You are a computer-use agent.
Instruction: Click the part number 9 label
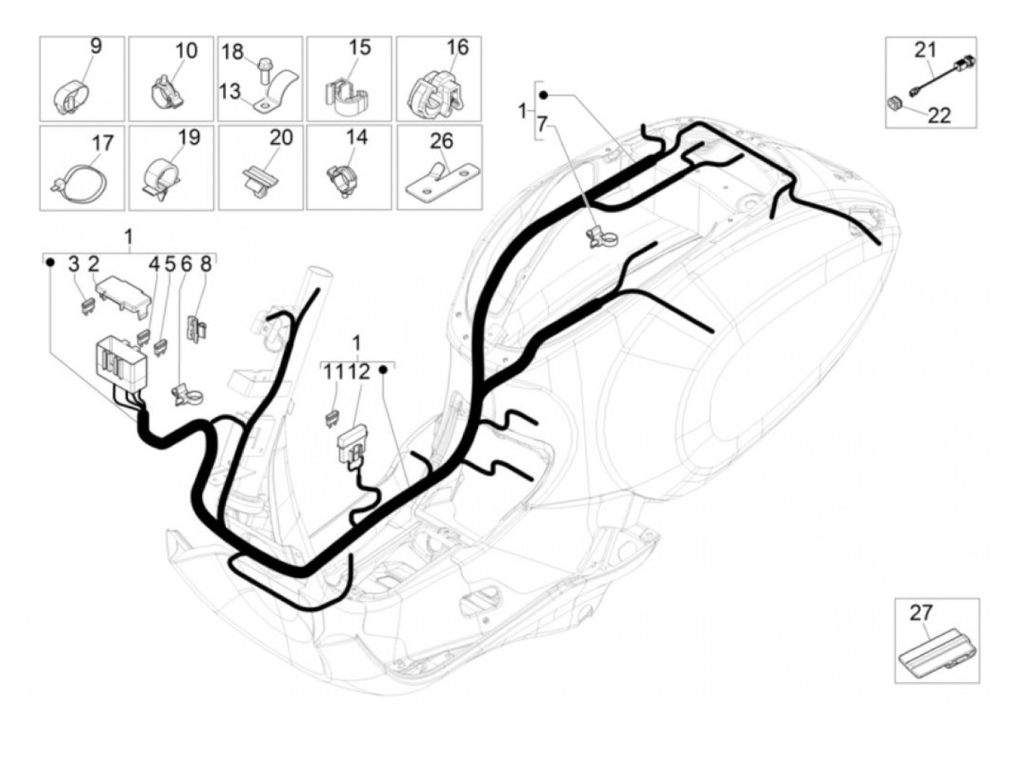pos(95,46)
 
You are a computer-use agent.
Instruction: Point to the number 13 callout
pos(230,91)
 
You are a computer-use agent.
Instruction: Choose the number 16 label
pos(458,47)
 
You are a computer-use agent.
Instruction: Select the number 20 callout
pos(281,137)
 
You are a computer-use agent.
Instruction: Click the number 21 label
pos(925,50)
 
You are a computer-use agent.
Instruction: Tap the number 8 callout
pos(206,264)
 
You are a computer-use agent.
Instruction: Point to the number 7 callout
pos(542,124)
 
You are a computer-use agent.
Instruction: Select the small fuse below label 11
pos(332,420)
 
